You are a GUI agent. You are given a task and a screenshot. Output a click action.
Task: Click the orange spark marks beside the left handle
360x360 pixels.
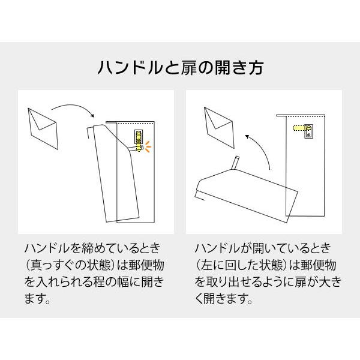point(148,146)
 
